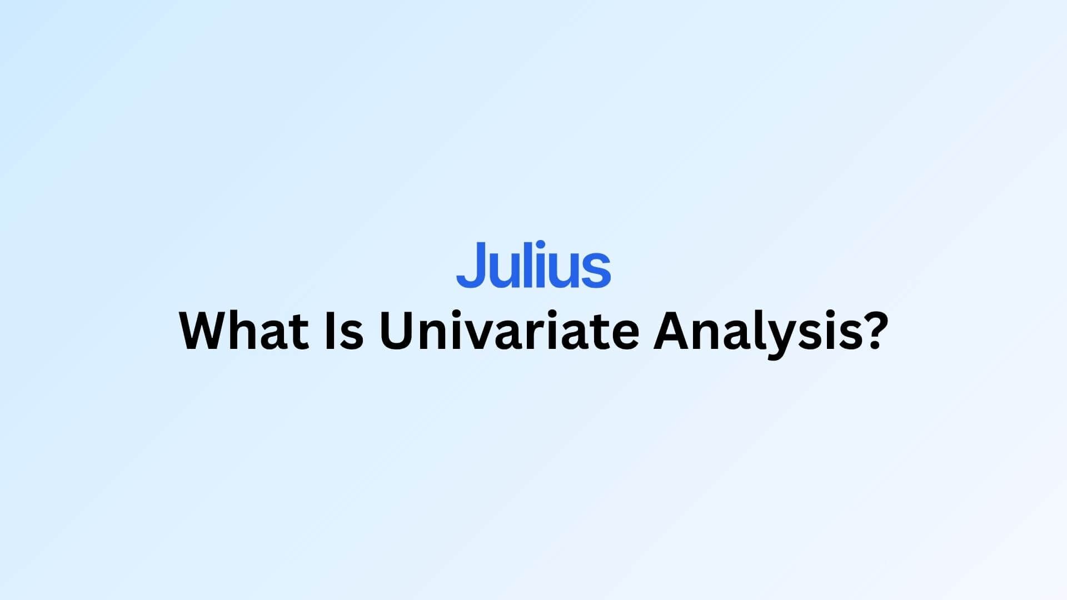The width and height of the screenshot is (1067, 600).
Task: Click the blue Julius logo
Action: tap(533, 264)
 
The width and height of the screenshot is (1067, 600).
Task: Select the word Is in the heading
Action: tap(344, 331)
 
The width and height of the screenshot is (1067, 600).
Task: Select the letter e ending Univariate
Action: tap(625, 337)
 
